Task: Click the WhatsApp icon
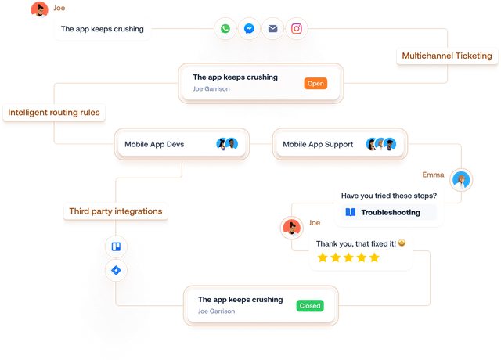[225, 29]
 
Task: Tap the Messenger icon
[249, 29]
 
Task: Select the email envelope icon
[272, 29]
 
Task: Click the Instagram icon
[297, 29]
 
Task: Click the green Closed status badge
[310, 305]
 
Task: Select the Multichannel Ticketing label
[446, 56]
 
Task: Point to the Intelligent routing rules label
[54, 113]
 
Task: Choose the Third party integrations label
[116, 211]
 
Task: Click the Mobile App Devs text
[153, 144]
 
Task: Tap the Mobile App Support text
[318, 144]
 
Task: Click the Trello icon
[116, 247]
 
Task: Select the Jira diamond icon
[116, 271]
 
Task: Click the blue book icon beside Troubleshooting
[350, 212]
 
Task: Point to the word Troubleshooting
[390, 212]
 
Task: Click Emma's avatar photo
[463, 180]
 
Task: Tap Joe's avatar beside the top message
[38, 10]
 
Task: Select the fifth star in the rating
[374, 257]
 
